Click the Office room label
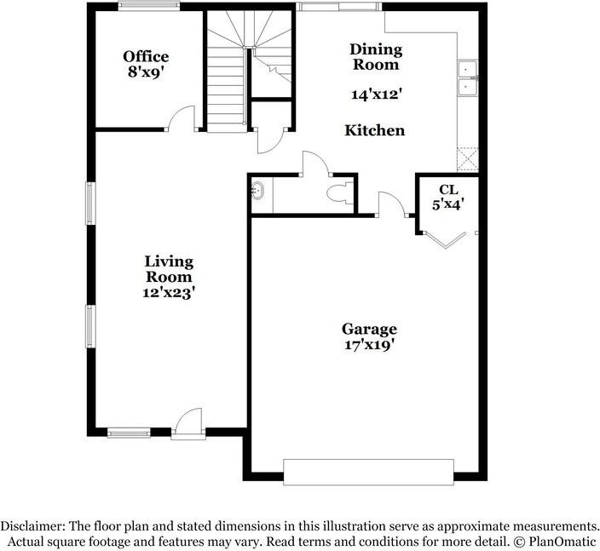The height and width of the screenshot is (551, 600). click(145, 56)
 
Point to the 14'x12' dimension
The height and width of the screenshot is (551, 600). click(376, 95)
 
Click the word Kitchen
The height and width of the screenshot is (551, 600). click(374, 130)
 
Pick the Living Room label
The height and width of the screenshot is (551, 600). click(168, 269)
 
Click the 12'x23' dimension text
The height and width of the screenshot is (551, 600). click(168, 292)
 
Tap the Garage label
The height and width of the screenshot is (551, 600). click(369, 329)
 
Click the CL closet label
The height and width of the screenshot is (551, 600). click(448, 189)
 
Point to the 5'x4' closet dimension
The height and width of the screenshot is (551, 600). click(448, 204)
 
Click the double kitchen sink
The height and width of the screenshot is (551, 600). click(468, 79)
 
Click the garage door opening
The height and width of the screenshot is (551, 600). click(368, 472)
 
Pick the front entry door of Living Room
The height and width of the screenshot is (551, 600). click(187, 423)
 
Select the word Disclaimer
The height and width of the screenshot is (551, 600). click(37, 525)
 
